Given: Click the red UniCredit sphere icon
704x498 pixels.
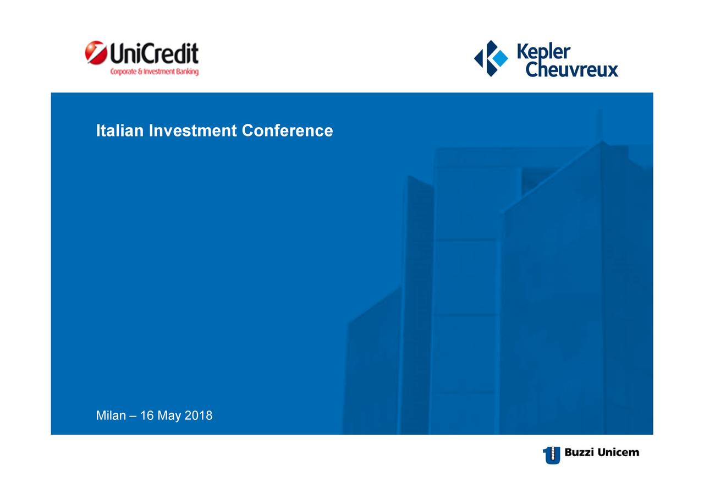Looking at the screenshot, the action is coord(96,52).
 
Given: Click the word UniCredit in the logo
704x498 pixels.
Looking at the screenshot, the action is coord(154,53).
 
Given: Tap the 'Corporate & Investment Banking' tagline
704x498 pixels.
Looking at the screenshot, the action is coord(155,72).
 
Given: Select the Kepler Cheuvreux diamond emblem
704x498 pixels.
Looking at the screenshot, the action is coord(491,58).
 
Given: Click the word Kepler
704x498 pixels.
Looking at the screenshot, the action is coord(543,52).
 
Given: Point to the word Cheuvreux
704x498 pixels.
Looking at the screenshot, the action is coord(571,69).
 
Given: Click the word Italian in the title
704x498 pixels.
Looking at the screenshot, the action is coord(120,130).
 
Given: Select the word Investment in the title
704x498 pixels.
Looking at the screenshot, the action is coord(193,130).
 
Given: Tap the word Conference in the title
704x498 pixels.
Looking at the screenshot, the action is coord(287,130).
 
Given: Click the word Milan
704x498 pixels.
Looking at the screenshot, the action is coord(111,415).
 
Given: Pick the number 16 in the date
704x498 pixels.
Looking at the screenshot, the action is coord(146,415).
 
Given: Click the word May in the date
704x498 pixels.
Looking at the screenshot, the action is coord(169,416).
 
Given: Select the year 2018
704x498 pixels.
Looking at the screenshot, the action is coord(199,415).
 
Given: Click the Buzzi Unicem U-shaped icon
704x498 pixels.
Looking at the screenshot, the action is coord(552,455).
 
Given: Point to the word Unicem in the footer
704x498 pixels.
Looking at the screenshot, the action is coord(619,452).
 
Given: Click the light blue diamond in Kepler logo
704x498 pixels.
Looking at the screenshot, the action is coord(500,58).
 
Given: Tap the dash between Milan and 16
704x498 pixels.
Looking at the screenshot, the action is coord(133,416).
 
